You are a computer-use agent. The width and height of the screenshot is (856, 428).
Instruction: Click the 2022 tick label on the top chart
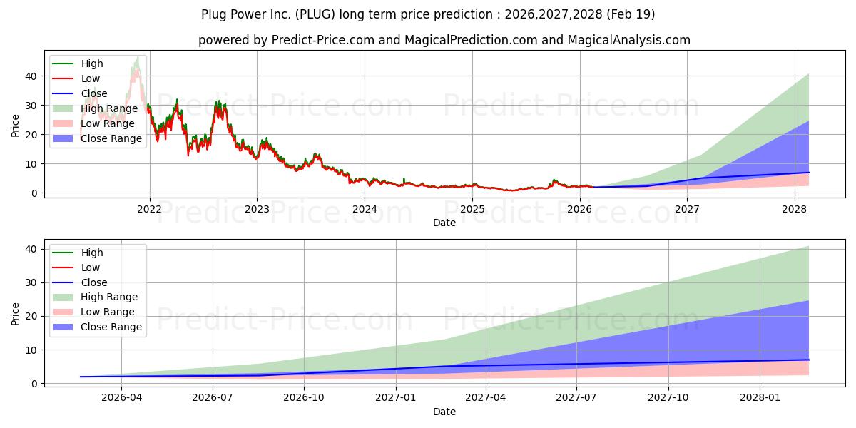149,209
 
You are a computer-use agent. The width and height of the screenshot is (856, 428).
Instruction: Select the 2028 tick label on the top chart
795,209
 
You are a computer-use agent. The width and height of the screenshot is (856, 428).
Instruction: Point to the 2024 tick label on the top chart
365,209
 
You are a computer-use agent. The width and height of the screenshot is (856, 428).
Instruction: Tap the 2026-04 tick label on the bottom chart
121,398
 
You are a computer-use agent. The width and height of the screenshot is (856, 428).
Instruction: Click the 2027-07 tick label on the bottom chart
578,398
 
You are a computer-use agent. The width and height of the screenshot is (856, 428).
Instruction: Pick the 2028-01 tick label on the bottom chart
760,398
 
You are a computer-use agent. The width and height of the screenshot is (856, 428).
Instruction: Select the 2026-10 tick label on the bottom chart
304,398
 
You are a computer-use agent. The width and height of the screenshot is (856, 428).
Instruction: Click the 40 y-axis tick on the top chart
29,76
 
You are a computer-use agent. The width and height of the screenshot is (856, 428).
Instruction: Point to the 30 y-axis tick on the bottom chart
29,282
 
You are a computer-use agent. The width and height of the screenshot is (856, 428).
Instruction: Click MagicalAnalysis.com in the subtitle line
628,40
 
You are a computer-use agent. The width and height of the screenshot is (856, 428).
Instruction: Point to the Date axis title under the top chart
445,223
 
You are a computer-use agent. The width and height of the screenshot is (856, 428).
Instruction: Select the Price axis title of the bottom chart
16,313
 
